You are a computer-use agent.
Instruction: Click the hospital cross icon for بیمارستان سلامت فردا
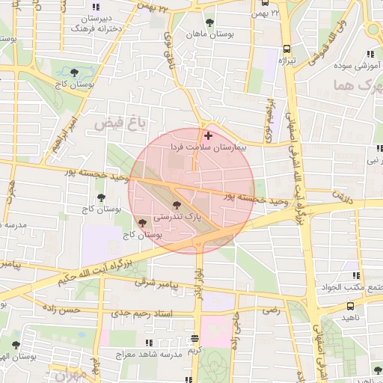point(208,136)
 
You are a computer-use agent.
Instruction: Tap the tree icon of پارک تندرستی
point(177,203)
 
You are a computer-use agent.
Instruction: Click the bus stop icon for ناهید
point(352,304)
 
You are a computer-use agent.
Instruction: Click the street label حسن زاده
point(81,309)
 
